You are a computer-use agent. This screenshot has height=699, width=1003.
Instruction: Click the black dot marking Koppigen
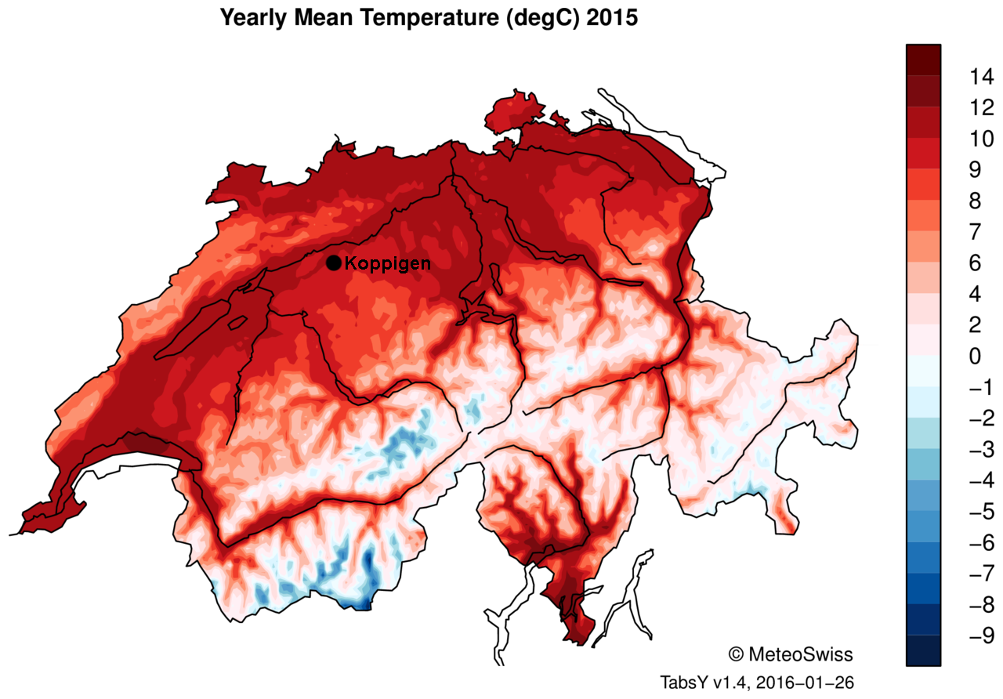pos(333,263)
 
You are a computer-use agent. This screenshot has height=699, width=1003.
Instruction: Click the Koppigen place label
pos(388,264)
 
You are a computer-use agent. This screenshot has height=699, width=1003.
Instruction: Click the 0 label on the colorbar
pos(974,357)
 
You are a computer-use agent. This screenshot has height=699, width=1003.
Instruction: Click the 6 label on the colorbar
pos(974,263)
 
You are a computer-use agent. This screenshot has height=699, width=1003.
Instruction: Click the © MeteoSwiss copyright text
pos(791,654)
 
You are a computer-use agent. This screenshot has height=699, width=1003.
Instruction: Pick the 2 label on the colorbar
pos(974,325)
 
